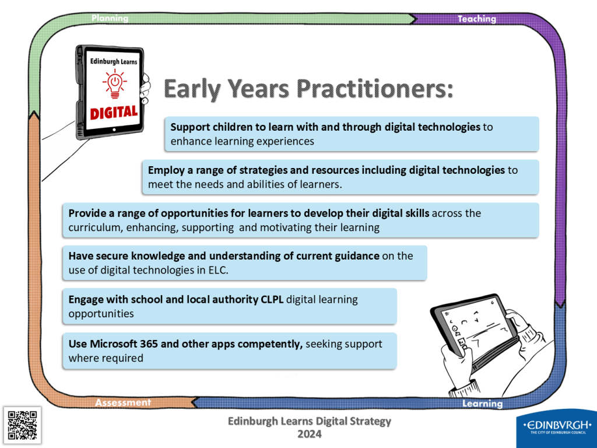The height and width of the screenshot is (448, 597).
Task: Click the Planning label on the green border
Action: (x=110, y=18)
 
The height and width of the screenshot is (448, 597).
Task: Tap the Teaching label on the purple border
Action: (x=477, y=19)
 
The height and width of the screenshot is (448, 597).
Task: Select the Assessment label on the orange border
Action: (x=123, y=402)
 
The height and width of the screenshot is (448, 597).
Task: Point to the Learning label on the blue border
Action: (x=482, y=404)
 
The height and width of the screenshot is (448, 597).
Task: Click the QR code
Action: (x=23, y=425)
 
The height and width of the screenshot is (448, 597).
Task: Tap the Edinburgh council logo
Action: (x=557, y=426)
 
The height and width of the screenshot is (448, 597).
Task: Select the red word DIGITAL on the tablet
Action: (x=114, y=112)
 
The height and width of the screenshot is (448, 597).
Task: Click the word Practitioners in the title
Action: (x=375, y=89)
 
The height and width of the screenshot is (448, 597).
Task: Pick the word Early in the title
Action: (x=192, y=89)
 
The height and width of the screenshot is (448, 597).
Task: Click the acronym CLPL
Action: (x=272, y=299)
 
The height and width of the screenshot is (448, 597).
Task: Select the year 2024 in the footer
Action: (x=310, y=434)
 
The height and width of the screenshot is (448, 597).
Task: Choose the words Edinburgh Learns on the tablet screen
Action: (x=114, y=61)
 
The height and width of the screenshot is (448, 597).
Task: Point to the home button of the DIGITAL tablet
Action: (x=114, y=130)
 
